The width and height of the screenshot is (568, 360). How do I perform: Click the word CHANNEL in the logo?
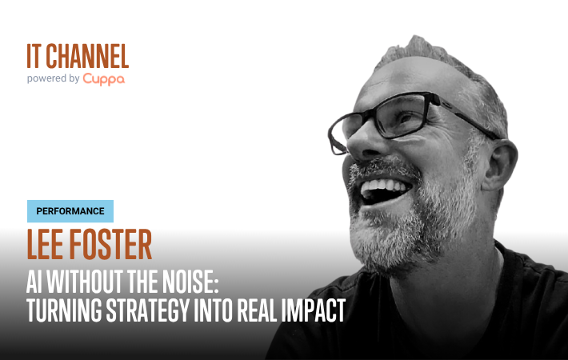(87, 56)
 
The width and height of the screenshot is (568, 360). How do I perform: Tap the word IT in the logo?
(34, 56)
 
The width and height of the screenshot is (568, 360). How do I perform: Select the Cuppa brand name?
(104, 79)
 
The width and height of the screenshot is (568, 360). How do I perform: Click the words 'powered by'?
(54, 78)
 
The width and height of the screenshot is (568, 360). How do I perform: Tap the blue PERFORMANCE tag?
(70, 211)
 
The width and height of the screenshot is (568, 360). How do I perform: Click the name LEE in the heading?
(45, 244)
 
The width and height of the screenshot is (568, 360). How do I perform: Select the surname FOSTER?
(110, 244)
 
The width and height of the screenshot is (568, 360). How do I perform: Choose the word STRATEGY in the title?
(148, 310)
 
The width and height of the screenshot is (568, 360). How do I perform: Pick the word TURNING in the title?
(64, 310)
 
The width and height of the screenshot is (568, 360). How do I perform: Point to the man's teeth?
(385, 186)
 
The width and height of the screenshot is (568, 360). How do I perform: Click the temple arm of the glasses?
(467, 117)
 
